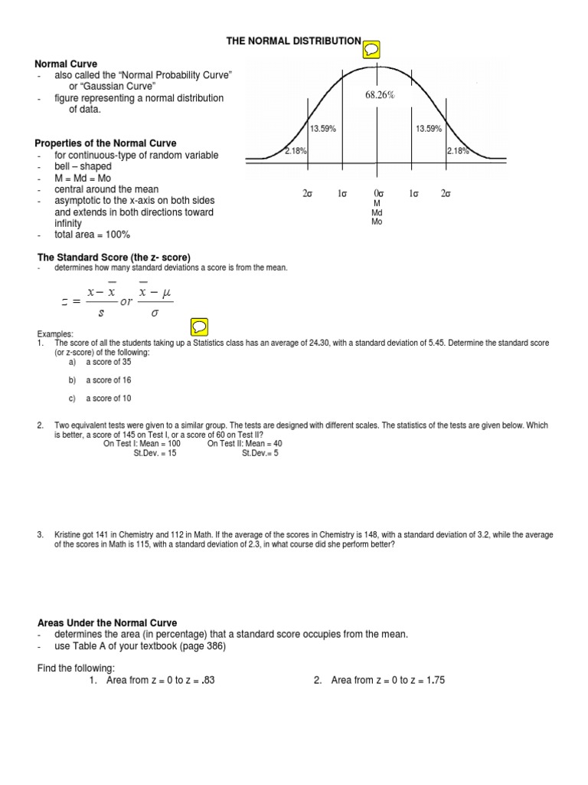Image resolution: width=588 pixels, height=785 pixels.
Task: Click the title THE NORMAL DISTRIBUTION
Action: [x=293, y=41]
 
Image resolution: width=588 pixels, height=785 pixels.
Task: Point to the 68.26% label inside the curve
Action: [x=379, y=95]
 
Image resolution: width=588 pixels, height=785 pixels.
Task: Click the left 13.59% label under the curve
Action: [x=323, y=129]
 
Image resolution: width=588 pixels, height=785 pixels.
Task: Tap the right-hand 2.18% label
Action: [x=457, y=151]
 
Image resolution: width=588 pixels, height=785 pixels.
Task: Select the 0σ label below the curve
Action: [x=377, y=194]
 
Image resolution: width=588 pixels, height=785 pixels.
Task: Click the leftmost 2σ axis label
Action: [x=308, y=194]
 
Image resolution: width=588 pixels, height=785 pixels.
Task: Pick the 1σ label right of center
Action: [x=414, y=194]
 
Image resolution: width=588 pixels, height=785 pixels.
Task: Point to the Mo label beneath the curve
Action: [x=377, y=222]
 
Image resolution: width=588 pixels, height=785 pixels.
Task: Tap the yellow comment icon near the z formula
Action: [x=198, y=327]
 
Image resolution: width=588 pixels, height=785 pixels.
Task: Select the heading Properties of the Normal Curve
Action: [x=106, y=143]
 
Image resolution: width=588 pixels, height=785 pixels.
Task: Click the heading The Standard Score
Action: [x=114, y=256]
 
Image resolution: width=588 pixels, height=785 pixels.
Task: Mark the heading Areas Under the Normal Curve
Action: [x=107, y=622]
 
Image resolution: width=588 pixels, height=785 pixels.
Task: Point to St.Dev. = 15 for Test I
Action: [x=155, y=453]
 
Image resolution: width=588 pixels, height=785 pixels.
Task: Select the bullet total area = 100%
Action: [x=92, y=235]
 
